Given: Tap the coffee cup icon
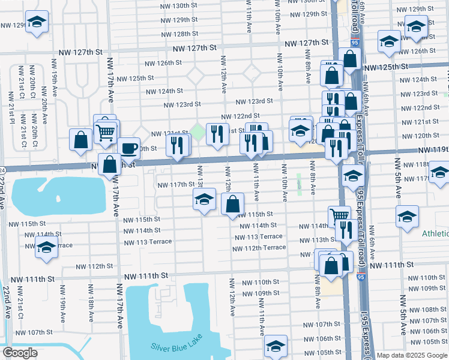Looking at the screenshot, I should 128,148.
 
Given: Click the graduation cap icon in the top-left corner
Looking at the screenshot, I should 37,23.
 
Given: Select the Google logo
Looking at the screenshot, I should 20,353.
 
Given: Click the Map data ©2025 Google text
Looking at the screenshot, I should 411,355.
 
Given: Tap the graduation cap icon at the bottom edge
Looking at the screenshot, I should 276,346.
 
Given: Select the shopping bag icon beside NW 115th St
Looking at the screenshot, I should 232,204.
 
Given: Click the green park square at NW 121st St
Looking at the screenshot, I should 197,130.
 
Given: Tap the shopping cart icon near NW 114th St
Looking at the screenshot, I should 340,215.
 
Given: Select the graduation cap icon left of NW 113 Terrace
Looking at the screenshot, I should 46,247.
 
